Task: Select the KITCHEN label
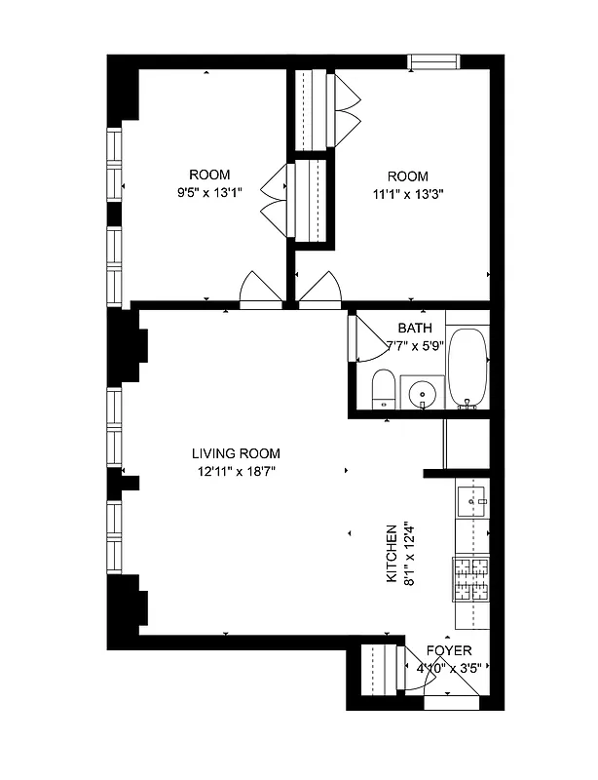[392, 554]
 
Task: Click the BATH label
[415, 329]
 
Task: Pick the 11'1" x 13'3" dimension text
[407, 193]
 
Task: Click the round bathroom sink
[423, 394]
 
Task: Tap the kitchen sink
[472, 500]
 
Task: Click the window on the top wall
[434, 62]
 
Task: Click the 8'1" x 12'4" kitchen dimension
[409, 554]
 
